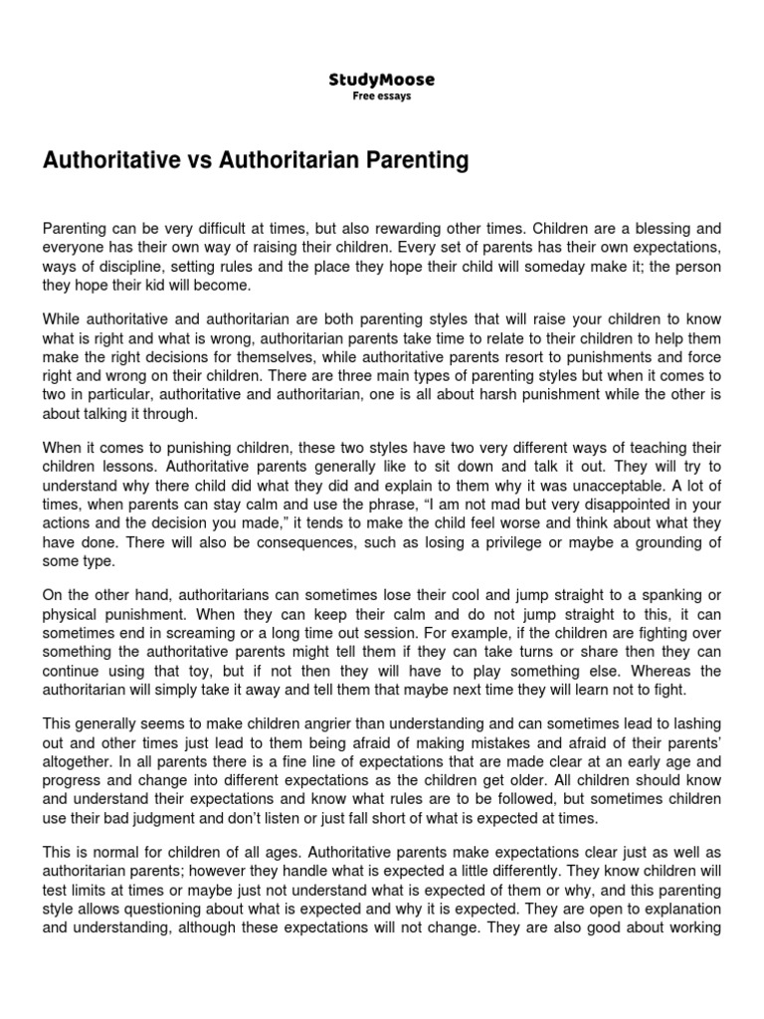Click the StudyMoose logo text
click(x=381, y=80)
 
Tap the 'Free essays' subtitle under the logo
click(x=381, y=97)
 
